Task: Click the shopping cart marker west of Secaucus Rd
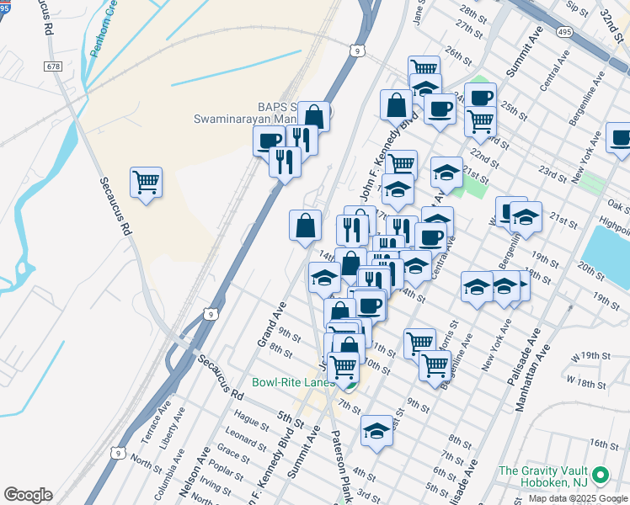click(146, 182)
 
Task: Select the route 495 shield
click(564, 31)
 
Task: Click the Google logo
click(28, 495)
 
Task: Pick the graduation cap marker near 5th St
click(376, 432)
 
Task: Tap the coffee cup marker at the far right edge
click(620, 138)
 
